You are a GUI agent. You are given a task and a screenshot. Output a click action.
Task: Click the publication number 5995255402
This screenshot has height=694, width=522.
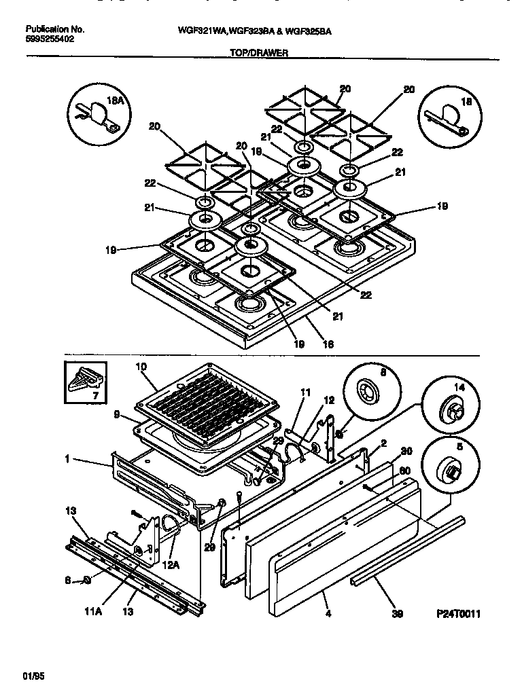[x=50, y=39]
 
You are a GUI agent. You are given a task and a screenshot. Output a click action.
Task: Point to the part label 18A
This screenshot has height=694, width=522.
[x=116, y=101]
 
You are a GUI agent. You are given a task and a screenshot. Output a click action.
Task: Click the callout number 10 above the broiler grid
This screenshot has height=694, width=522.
[x=141, y=367]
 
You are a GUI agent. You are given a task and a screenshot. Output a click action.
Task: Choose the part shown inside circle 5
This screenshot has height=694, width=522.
[x=449, y=471]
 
